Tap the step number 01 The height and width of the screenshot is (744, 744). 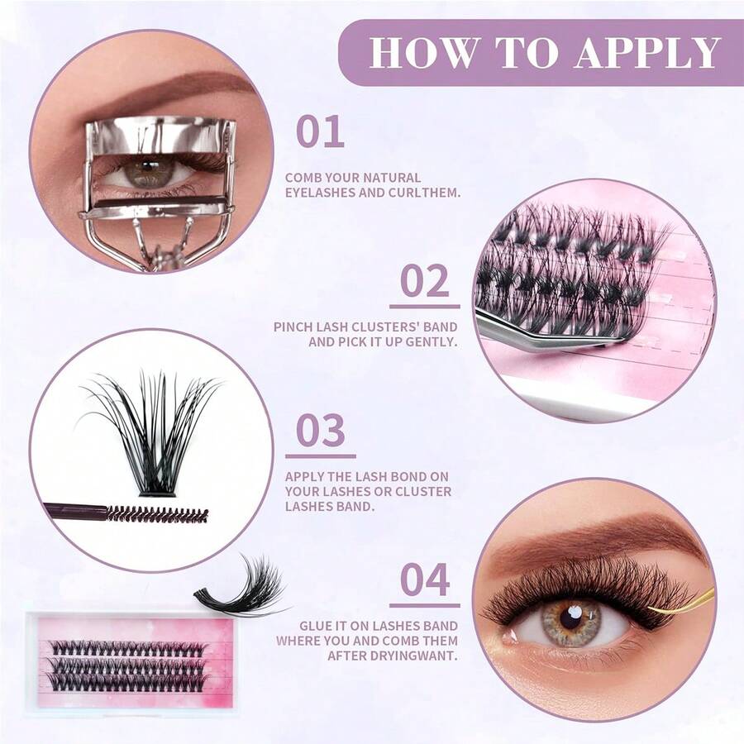click(320, 132)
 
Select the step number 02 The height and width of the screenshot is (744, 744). click(425, 281)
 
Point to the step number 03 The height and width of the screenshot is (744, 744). click(321, 430)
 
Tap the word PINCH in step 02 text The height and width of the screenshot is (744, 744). click(293, 327)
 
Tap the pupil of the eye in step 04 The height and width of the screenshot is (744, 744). click(570, 618)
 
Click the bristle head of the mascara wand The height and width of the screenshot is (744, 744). click(157, 514)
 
